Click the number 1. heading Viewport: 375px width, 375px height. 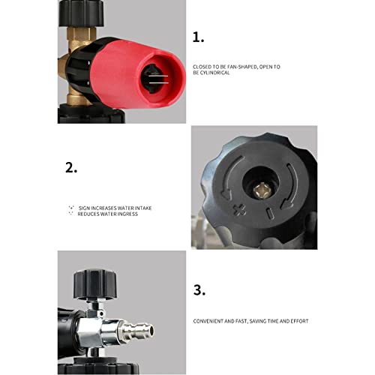click(198, 37)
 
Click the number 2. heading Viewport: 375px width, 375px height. click(71, 167)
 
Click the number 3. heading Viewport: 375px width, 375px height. click(199, 290)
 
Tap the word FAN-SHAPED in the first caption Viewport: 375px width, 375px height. click(242, 67)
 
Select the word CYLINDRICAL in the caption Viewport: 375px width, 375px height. click(214, 73)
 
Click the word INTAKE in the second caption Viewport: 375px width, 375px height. click(143, 208)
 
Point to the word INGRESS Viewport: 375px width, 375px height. click(127, 214)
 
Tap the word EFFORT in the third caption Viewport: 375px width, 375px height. click(300, 321)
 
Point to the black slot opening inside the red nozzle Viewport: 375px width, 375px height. click(153, 79)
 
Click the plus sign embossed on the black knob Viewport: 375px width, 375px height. click(239, 210)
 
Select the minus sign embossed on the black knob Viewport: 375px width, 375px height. click(270, 214)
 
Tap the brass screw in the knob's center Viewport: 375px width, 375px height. click(260, 190)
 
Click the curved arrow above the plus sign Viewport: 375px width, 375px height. click(230, 176)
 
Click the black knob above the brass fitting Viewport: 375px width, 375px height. click(81, 13)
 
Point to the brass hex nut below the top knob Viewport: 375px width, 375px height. click(80, 35)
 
